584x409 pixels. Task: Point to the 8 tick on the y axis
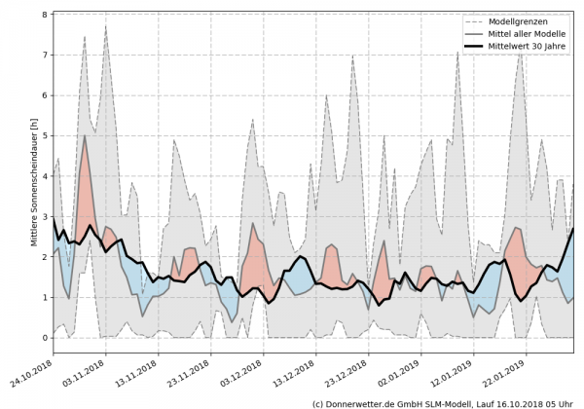44,15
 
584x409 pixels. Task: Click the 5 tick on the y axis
44,136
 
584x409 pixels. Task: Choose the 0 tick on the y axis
44,338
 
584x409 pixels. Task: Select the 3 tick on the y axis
44,217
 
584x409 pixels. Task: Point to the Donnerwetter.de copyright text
443,402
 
